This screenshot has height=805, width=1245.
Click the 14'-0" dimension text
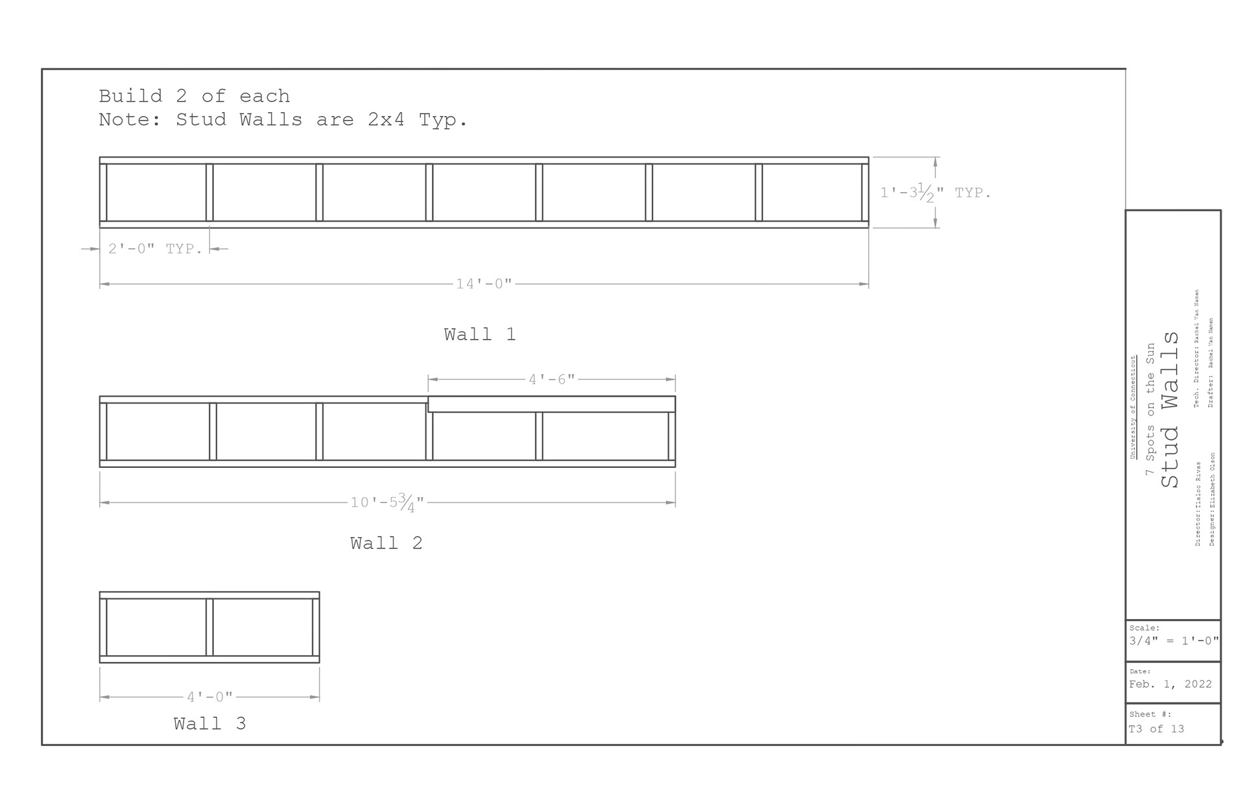pos(484,284)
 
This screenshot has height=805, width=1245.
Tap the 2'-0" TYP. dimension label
pos(156,249)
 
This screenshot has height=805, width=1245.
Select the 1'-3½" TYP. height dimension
pos(935,192)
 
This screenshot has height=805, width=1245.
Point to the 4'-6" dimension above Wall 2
pos(552,379)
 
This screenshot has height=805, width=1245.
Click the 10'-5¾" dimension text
pos(388,502)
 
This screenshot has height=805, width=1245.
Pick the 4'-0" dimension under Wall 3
pos(209,697)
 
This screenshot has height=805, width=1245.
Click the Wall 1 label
pos(480,334)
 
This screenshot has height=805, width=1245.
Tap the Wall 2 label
pos(386,543)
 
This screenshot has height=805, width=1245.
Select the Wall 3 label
pos(209,724)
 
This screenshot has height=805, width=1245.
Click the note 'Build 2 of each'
pos(195,97)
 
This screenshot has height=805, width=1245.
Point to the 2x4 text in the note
pos(386,120)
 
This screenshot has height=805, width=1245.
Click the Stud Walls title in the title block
pos(1170,410)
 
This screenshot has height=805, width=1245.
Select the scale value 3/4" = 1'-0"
pos(1174,641)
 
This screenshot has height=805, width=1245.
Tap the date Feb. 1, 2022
pos(1170,684)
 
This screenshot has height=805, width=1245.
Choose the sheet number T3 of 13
pos(1157,729)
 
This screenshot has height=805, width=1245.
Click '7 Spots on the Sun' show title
pos(1150,410)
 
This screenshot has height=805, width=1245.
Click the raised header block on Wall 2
pos(552,404)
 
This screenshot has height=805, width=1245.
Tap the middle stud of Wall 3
pos(209,627)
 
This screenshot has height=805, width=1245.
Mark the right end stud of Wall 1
pos(865,192)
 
